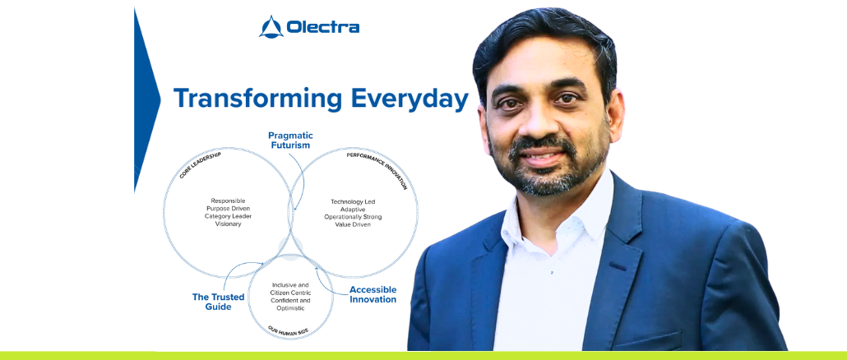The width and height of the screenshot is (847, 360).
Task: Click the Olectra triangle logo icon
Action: pyautogui.click(x=271, y=27)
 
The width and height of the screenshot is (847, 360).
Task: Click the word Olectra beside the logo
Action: pyautogui.click(x=323, y=27)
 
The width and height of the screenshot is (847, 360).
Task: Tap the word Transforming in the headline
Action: pyautogui.click(x=258, y=99)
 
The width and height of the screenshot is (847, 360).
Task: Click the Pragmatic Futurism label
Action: pyautogui.click(x=290, y=141)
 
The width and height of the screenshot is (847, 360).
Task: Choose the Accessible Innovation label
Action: pyautogui.click(x=373, y=295)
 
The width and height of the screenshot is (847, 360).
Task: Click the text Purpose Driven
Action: pyautogui.click(x=229, y=208)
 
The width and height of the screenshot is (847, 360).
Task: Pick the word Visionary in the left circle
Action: pyautogui.click(x=229, y=224)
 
